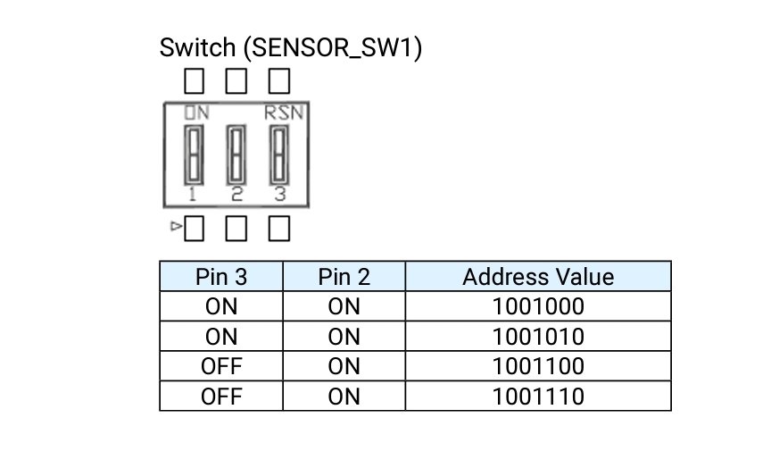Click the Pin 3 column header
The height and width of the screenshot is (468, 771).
pos(221,277)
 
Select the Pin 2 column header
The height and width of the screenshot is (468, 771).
pos(344,277)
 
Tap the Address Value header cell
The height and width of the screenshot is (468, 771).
pos(538,277)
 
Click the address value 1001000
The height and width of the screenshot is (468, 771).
pos(538,306)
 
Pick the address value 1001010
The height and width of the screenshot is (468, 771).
pos(538,337)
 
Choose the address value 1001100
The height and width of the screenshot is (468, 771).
pos(538,366)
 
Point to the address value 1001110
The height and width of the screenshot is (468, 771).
pos(538,397)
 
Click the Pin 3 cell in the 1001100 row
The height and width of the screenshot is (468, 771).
pos(221,366)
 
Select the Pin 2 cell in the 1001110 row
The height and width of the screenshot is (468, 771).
pos(344,397)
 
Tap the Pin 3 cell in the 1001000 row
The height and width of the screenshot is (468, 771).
pos(221,306)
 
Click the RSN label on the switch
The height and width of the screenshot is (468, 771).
pos(284,113)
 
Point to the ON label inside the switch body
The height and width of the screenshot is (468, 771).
pos(196,113)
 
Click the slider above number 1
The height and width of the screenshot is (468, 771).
pos(194,155)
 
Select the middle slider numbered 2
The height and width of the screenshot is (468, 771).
pos(236,155)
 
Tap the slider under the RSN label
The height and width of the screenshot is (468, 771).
pos(278,155)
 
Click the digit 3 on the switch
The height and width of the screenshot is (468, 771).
pos(280,195)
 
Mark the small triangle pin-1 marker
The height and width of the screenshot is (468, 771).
pos(176,226)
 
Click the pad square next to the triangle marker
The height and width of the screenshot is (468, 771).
pos(194,229)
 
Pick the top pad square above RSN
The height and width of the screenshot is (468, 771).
pos(278,80)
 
